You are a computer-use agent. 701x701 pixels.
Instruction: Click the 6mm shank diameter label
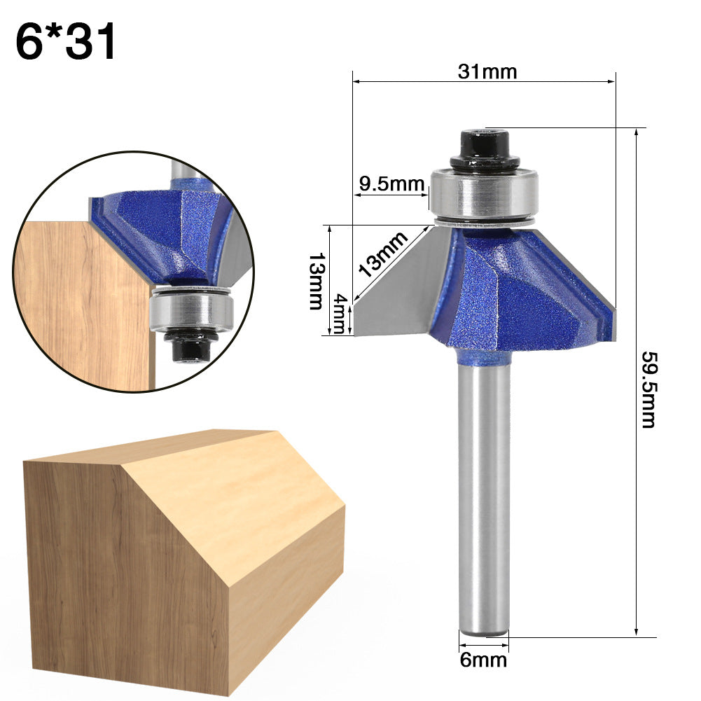point(483,659)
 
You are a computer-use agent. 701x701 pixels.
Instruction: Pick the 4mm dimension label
point(340,314)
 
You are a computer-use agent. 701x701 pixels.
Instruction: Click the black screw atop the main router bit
point(485,148)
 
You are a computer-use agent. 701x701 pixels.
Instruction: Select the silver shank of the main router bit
point(484,490)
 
